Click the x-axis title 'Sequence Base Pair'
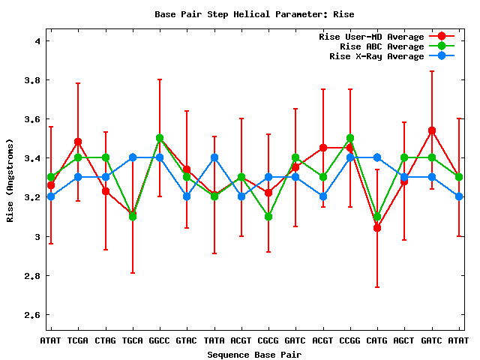point(254,354)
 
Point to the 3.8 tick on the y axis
point(32,80)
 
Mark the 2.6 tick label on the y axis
point(32,315)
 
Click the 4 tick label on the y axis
point(37,41)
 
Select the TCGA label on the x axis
point(78,341)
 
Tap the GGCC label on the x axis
point(160,341)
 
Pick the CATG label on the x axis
point(377,341)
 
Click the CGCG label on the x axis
point(268,341)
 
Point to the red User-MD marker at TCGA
point(78,142)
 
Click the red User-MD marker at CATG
point(377,228)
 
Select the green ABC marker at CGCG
point(268,217)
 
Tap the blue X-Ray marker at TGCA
point(133,157)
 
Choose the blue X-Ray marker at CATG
point(377,157)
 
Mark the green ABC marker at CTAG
point(105,157)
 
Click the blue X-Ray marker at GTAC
point(187,196)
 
